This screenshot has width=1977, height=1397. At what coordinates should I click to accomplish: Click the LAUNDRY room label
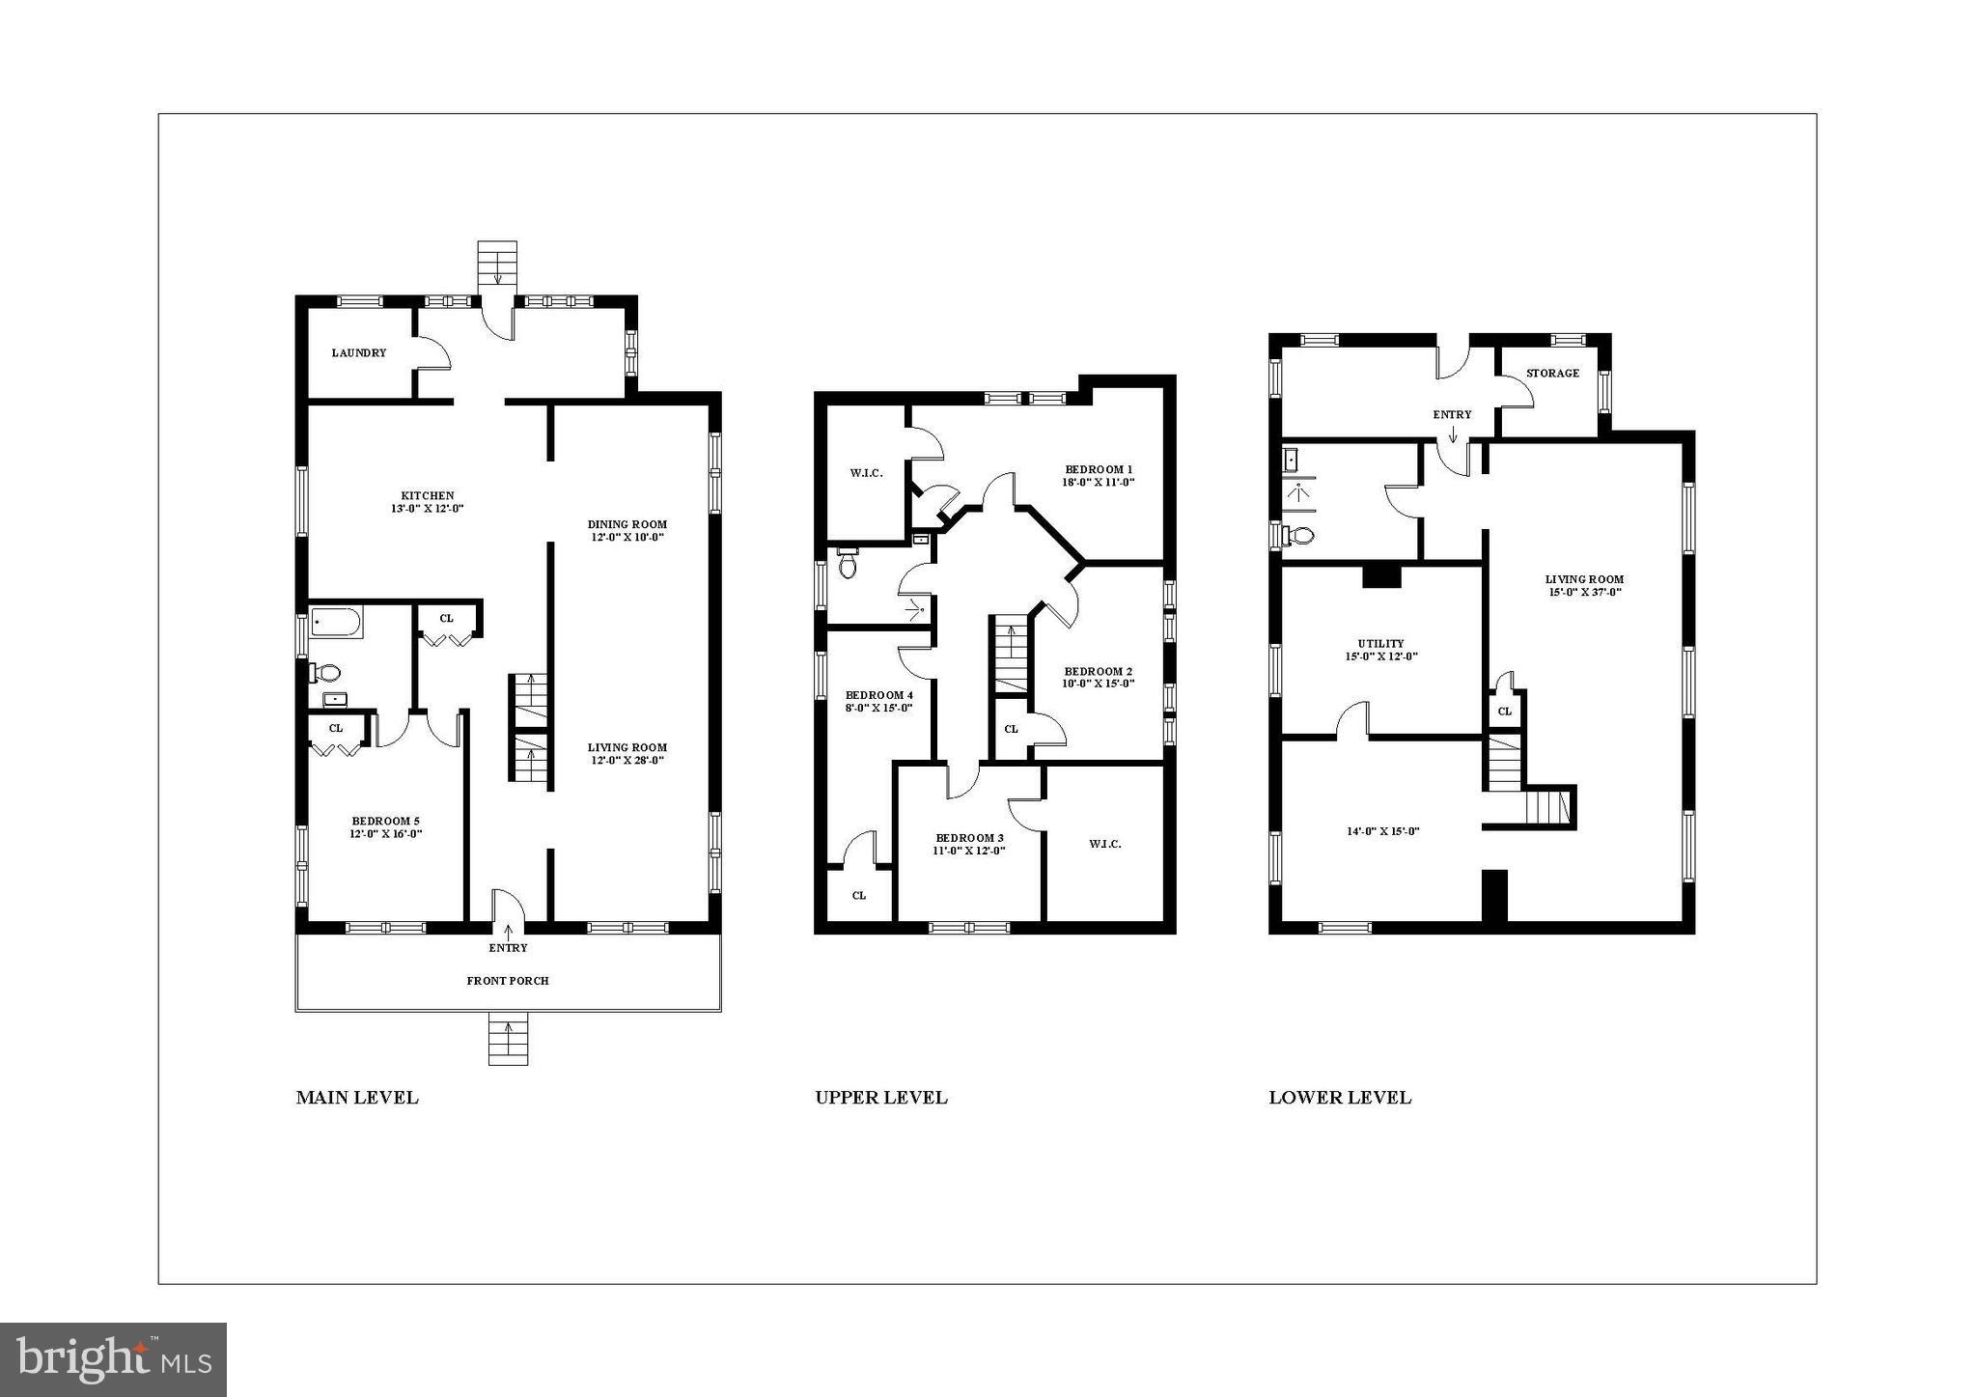tap(358, 353)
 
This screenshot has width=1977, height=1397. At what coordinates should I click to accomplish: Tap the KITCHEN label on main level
tap(429, 496)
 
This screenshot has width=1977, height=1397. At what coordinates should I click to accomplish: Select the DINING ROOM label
tap(627, 525)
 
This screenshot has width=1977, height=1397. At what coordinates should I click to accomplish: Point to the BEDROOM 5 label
tap(385, 822)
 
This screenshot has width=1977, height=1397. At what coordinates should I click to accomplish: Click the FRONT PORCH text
tap(508, 981)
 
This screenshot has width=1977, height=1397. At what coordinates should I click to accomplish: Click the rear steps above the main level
tap(497, 264)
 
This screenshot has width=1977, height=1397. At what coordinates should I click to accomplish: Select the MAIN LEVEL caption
tap(357, 1098)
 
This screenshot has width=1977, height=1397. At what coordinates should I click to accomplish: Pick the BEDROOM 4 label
tap(878, 695)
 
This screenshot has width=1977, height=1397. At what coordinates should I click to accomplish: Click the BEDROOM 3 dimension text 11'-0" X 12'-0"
tap(968, 851)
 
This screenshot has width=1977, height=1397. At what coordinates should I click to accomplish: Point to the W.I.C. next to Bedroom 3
tap(1104, 844)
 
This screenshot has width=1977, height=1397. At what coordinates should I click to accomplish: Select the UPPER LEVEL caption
tap(880, 1098)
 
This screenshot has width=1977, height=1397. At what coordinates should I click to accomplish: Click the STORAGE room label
tap(1552, 374)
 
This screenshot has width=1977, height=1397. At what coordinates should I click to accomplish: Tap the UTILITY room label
tap(1380, 644)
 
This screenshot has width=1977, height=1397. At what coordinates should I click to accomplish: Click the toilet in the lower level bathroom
tap(1299, 536)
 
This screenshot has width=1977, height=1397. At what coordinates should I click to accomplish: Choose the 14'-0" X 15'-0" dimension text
tap(1381, 831)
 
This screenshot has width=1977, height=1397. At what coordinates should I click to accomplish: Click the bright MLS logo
tap(114, 1359)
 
